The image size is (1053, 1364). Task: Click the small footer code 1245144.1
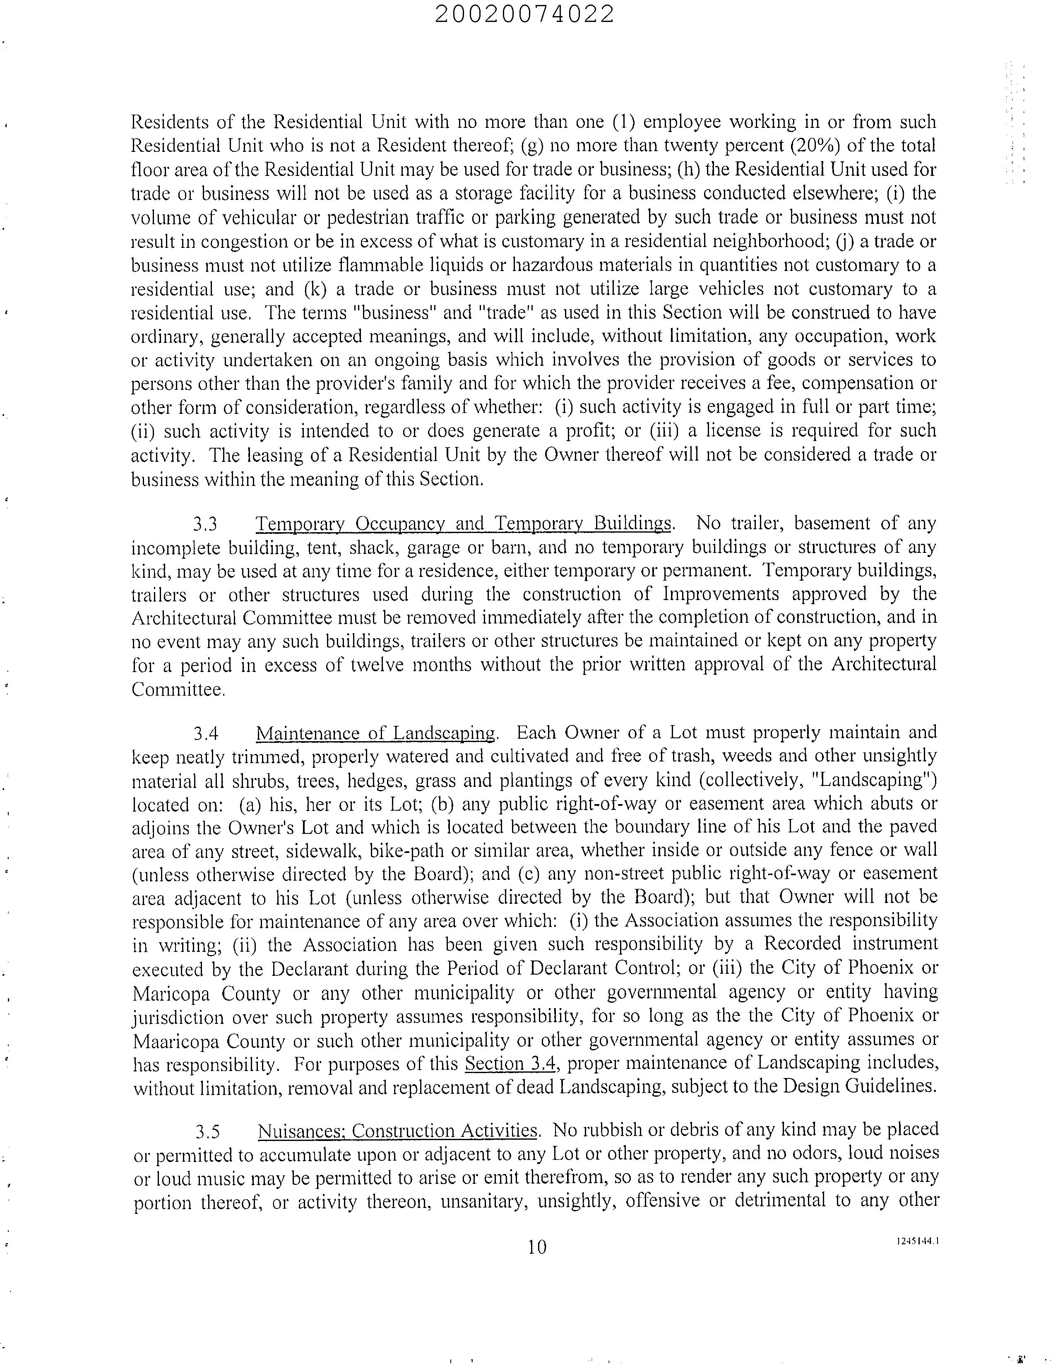918,1242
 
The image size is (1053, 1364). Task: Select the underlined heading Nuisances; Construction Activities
397,1131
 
